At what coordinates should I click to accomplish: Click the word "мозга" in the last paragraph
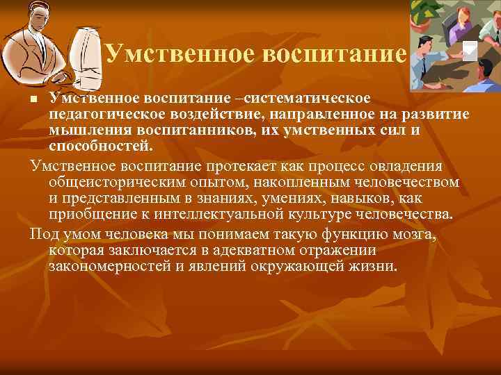pyautogui.click(x=415, y=235)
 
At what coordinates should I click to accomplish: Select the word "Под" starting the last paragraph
pyautogui.click(x=44, y=235)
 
